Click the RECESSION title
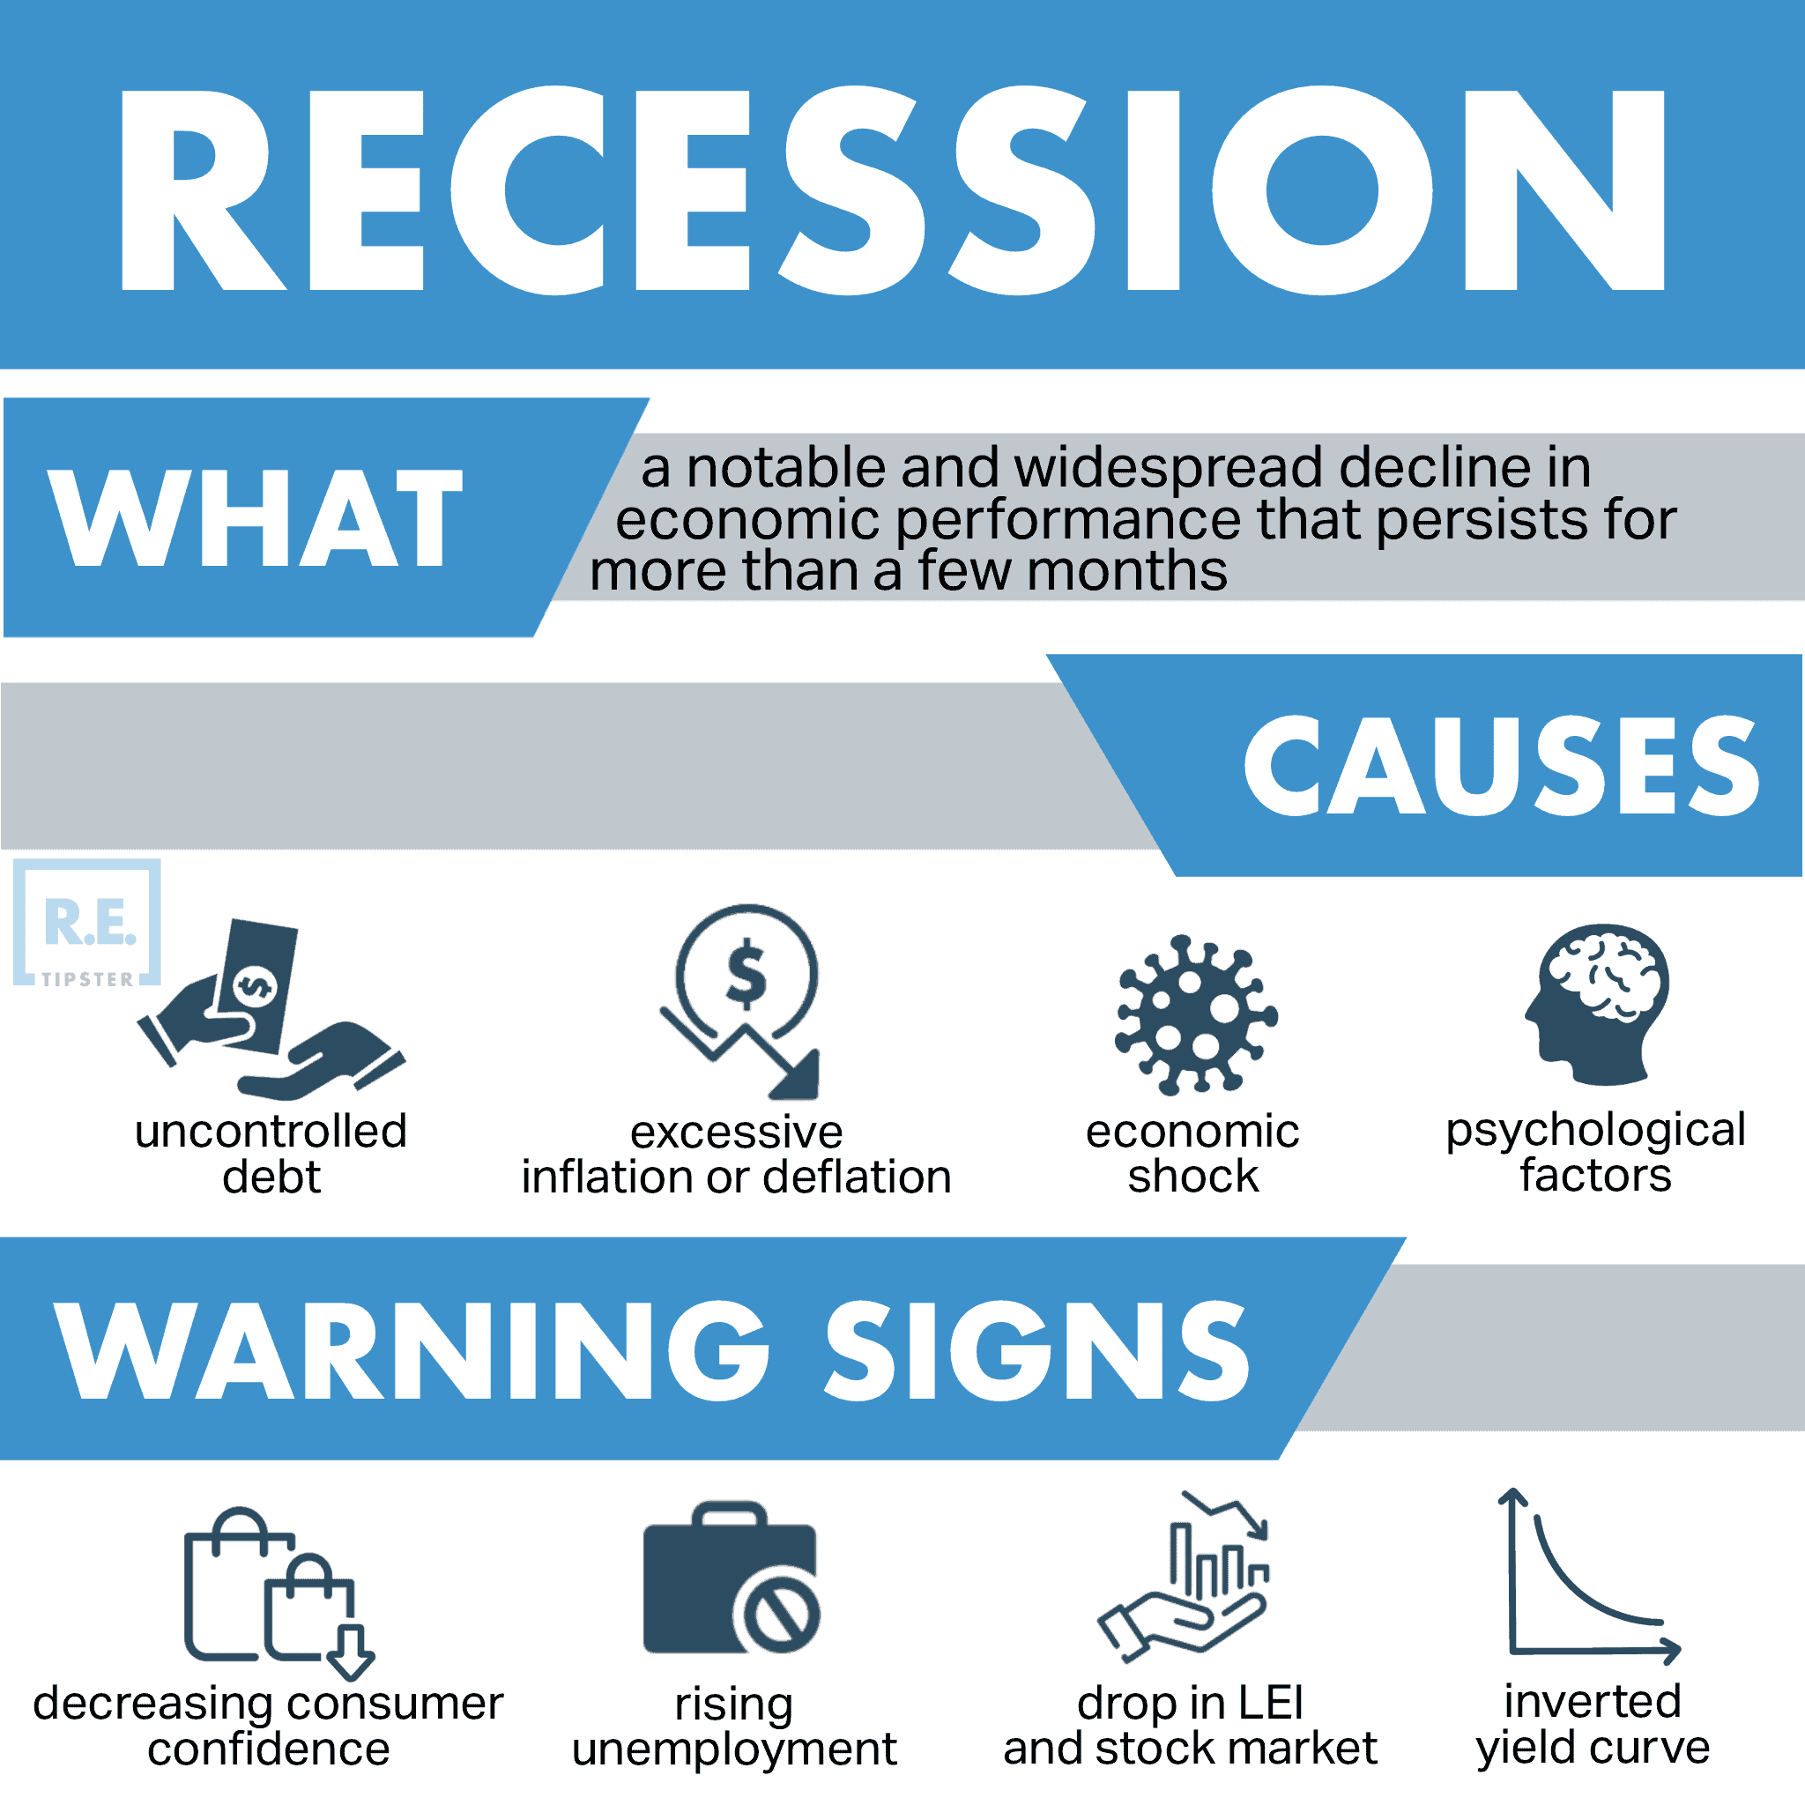[x=892, y=191]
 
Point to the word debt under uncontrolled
[x=271, y=1177]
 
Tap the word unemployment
[x=734, y=1749]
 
